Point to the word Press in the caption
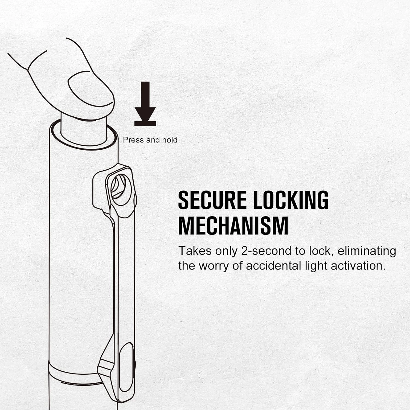(x=133, y=140)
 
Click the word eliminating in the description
(x=367, y=251)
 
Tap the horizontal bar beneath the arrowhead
(x=145, y=124)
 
